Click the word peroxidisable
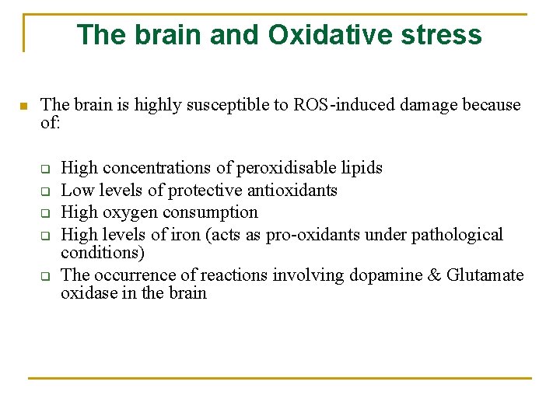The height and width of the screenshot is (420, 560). [x=285, y=168]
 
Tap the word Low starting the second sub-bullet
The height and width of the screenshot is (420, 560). [x=76, y=191]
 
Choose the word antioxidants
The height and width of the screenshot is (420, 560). [x=299, y=191]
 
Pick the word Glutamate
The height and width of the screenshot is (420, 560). [x=485, y=275]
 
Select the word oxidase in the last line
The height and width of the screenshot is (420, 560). [x=87, y=294]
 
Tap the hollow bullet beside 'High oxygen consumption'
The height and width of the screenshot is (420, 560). [x=45, y=213]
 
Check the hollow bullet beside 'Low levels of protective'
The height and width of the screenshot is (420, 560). [x=45, y=191]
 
